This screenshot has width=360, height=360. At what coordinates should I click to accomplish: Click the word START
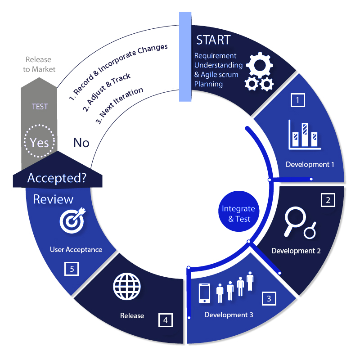(213, 40)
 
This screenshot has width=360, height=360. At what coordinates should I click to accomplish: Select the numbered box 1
(297, 100)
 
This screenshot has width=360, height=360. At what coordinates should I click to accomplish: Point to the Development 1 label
(310, 164)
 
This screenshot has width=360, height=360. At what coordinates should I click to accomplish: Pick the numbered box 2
(328, 200)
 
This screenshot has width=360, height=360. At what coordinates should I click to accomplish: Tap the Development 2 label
(296, 251)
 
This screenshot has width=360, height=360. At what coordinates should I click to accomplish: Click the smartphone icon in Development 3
(205, 293)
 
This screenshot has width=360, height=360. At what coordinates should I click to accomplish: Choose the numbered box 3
(269, 298)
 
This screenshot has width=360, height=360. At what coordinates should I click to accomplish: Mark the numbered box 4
(166, 320)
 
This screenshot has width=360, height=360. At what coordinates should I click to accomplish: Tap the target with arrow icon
(72, 220)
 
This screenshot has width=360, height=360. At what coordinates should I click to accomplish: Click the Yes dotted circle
(39, 141)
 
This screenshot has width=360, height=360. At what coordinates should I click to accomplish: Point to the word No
(81, 143)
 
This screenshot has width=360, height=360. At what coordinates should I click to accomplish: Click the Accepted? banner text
(57, 178)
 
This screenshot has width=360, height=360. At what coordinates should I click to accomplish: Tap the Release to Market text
(39, 64)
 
